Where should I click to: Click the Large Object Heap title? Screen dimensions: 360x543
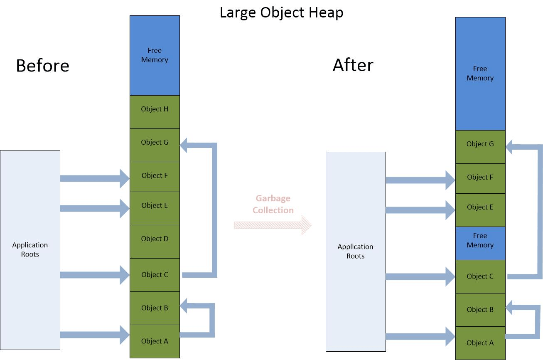[281, 12]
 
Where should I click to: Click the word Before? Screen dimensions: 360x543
[42, 66]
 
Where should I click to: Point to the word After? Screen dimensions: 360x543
[353, 65]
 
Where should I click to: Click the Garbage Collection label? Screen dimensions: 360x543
[273, 204]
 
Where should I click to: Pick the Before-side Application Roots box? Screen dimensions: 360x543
[30, 249]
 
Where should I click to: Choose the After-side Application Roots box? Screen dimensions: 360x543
[355, 251]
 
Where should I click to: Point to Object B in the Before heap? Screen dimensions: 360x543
[155, 308]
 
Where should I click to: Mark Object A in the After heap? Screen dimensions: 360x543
[480, 343]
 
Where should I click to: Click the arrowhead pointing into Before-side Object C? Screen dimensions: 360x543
[125, 275]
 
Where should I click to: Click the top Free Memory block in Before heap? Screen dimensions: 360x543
[155, 55]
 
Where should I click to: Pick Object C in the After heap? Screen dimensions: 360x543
[480, 276]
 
